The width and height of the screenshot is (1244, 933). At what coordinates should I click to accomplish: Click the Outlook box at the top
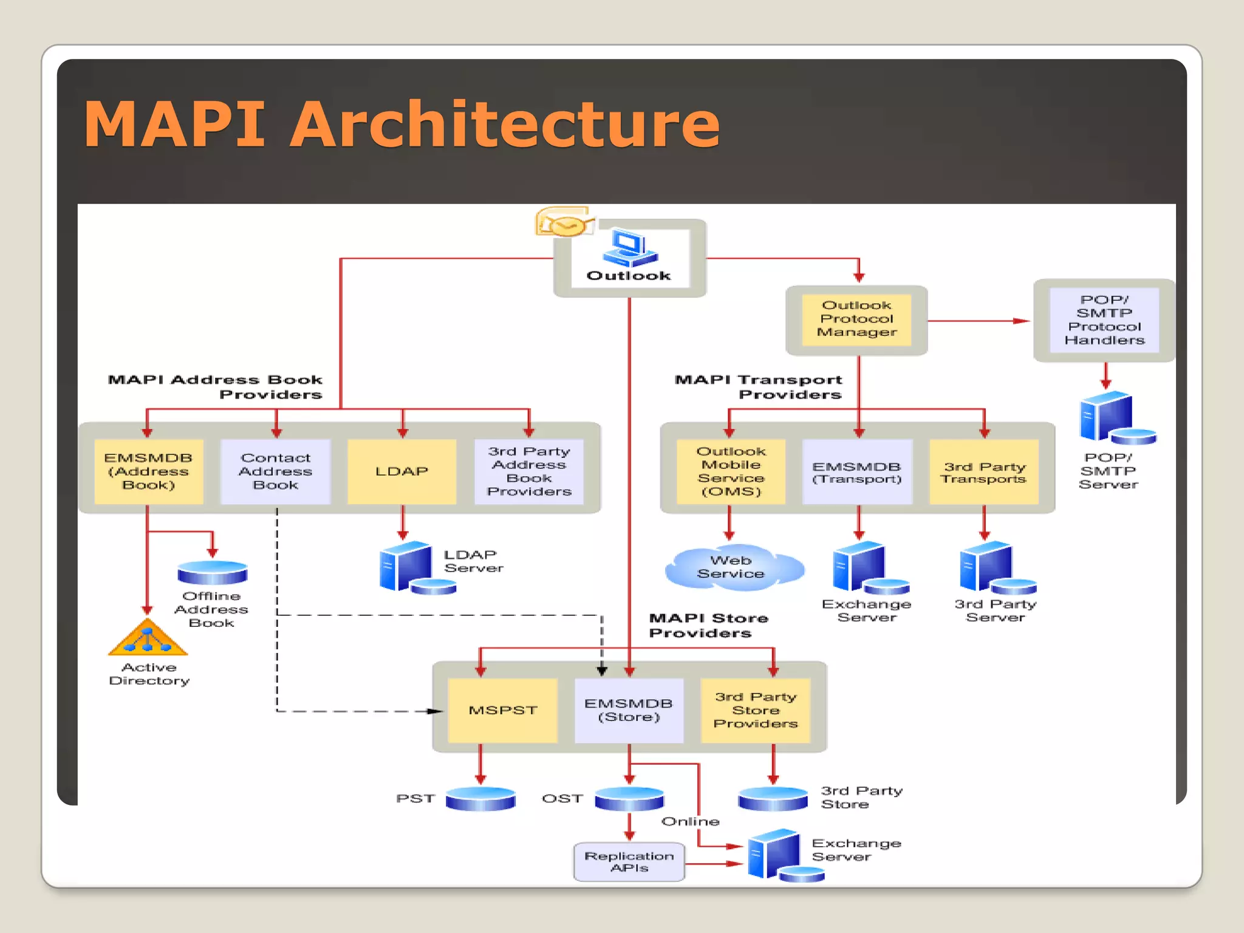(630, 258)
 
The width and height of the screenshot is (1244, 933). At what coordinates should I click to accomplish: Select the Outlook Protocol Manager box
(856, 320)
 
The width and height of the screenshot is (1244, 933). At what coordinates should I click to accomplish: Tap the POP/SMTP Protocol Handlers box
(1104, 320)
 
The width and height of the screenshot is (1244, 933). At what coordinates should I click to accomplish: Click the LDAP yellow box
(402, 471)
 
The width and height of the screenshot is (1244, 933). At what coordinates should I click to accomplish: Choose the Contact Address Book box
(275, 471)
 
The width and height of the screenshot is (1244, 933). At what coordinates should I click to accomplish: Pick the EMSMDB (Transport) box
(857, 472)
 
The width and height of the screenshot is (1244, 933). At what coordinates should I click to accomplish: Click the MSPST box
(502, 710)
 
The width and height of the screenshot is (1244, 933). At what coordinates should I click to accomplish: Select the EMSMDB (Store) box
(629, 710)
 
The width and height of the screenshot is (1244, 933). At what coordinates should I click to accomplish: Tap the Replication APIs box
(629, 861)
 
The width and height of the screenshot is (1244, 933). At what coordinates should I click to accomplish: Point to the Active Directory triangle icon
(148, 639)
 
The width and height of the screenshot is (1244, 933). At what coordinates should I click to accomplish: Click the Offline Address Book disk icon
(212, 572)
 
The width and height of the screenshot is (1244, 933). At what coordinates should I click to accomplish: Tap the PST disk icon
(480, 798)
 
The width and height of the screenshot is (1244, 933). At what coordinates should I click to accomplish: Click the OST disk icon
(629, 798)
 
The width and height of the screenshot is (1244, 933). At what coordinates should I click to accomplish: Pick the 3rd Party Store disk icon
(773, 798)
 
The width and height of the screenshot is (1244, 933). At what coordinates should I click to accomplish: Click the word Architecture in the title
(504, 125)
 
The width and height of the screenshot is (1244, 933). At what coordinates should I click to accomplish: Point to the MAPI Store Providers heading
(708, 625)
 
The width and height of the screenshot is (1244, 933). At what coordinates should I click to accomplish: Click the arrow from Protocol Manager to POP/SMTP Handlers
(978, 321)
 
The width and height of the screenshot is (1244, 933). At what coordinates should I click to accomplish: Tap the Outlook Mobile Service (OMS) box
(731, 471)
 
